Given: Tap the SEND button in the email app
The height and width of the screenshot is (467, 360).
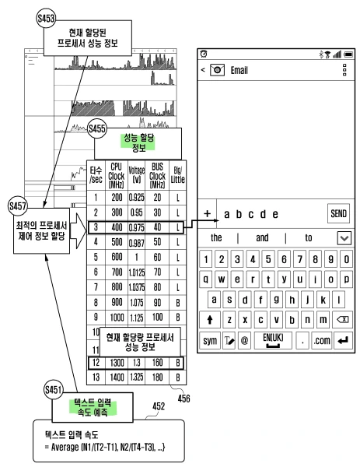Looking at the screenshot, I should pyautogui.click(x=339, y=212).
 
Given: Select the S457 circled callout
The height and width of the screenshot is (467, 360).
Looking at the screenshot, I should pyautogui.click(x=16, y=205).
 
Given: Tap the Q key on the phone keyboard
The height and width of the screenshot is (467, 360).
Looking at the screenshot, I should pyautogui.click(x=208, y=278).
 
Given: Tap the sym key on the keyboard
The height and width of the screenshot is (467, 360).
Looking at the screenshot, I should pyautogui.click(x=211, y=339).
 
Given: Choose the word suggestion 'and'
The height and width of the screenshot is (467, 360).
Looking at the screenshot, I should pyautogui.click(x=263, y=237).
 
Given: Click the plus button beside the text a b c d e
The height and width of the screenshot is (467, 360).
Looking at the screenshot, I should pyautogui.click(x=208, y=212).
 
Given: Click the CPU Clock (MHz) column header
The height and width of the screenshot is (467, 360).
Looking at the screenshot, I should pyautogui.click(x=117, y=176).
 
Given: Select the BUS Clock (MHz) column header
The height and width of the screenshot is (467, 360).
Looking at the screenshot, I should pyautogui.click(x=159, y=176).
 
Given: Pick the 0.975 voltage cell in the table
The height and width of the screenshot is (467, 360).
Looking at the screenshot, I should pyautogui.click(x=138, y=226).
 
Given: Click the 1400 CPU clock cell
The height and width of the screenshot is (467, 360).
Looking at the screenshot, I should pyautogui.click(x=117, y=376).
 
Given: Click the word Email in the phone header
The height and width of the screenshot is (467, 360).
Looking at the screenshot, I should pyautogui.click(x=239, y=69).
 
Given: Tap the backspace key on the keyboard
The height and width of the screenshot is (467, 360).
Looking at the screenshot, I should pyautogui.click(x=341, y=319).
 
